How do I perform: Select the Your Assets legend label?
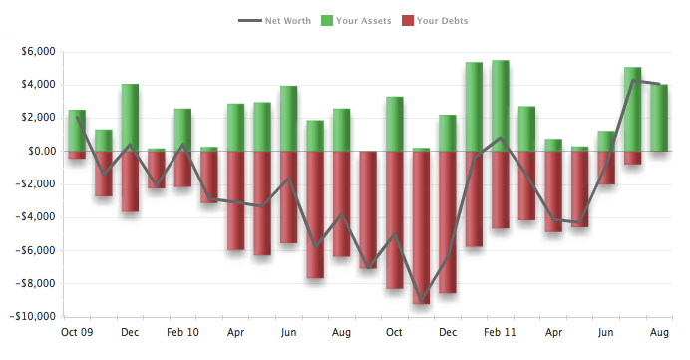point(363,20)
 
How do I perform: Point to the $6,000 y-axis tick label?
point(36,52)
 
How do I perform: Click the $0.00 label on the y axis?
point(39,152)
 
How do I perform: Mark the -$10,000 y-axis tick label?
point(32,317)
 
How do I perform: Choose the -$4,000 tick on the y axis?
point(35,217)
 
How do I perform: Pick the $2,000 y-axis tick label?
point(36,118)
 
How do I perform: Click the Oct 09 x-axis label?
point(77,332)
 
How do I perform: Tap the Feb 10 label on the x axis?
point(182,332)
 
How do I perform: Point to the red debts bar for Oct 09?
point(77,155)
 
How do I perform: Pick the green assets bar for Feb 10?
point(182,130)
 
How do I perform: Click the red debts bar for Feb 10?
point(182,169)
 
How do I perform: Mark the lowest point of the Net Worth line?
point(421,302)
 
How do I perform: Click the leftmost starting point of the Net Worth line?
point(77,118)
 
